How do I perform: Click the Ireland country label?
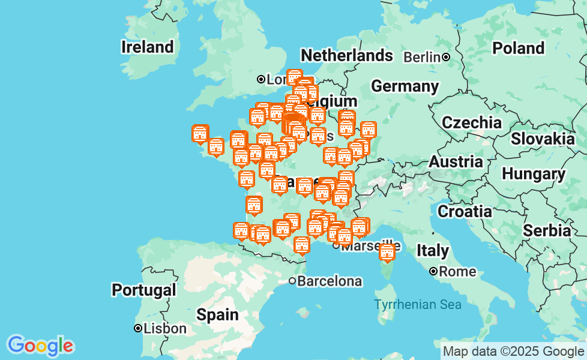[x=147, y=47]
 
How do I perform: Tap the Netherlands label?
[x=346, y=56]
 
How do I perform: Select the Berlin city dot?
[x=447, y=58]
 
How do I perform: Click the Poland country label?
[x=518, y=48]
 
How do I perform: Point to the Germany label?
[x=405, y=86]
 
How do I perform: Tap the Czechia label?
[x=471, y=123]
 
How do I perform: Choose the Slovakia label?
[x=543, y=139]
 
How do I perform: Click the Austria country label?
[x=456, y=162]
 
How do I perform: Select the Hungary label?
[x=533, y=175]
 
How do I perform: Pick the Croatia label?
[x=465, y=211]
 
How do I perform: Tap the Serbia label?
[x=546, y=230]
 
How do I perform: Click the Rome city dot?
[x=433, y=272]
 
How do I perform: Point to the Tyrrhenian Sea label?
[x=418, y=305]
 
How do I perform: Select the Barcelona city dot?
[x=292, y=281]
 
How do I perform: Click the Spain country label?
[x=217, y=314]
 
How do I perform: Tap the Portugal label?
[x=144, y=290]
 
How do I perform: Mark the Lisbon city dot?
[x=138, y=328]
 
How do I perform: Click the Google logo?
[x=40, y=345]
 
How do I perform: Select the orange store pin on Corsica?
[x=387, y=253]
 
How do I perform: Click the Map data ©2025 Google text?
[x=513, y=352]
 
